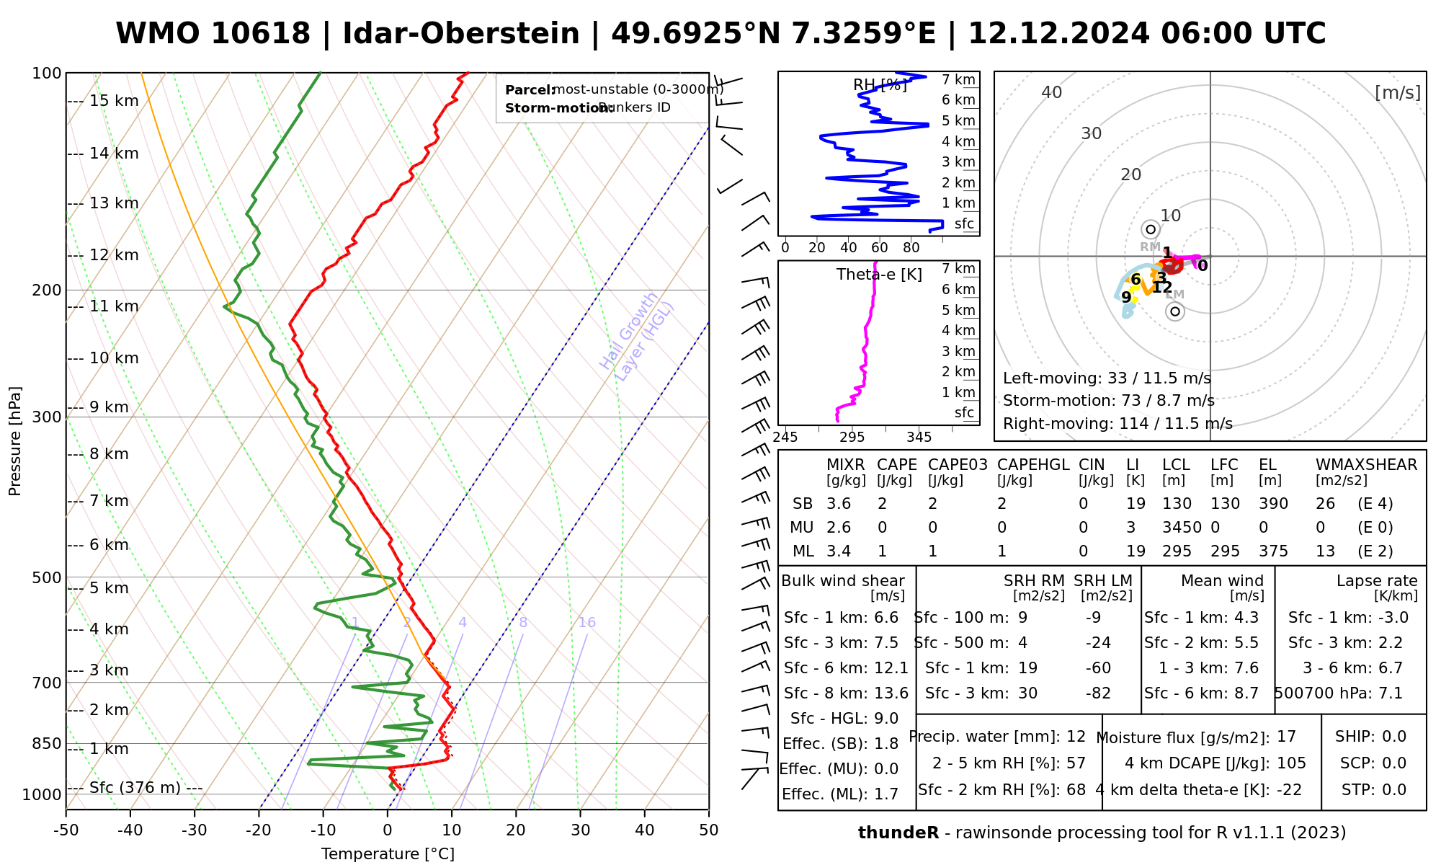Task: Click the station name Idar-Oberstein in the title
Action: (x=461, y=34)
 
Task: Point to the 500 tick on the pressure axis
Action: (x=47, y=577)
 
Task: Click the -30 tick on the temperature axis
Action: (x=195, y=830)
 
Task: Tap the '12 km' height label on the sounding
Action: (x=114, y=255)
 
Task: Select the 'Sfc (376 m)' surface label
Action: (x=135, y=788)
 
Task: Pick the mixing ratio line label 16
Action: (x=586, y=623)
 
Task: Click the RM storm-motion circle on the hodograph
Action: (x=1151, y=229)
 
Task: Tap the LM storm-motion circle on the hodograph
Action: (x=1175, y=311)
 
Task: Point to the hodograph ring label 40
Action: (x=1052, y=92)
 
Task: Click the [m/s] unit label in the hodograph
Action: (x=1398, y=93)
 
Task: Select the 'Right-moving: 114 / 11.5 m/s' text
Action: (x=1117, y=424)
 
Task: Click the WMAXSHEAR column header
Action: (x=1366, y=465)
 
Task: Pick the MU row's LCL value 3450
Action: (x=1182, y=528)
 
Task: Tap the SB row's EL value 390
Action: (x=1273, y=504)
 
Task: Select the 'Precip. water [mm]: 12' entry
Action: (x=997, y=737)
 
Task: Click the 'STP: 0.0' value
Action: (x=1374, y=790)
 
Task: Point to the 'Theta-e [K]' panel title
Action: (x=879, y=275)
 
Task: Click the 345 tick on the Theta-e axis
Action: (x=919, y=438)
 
